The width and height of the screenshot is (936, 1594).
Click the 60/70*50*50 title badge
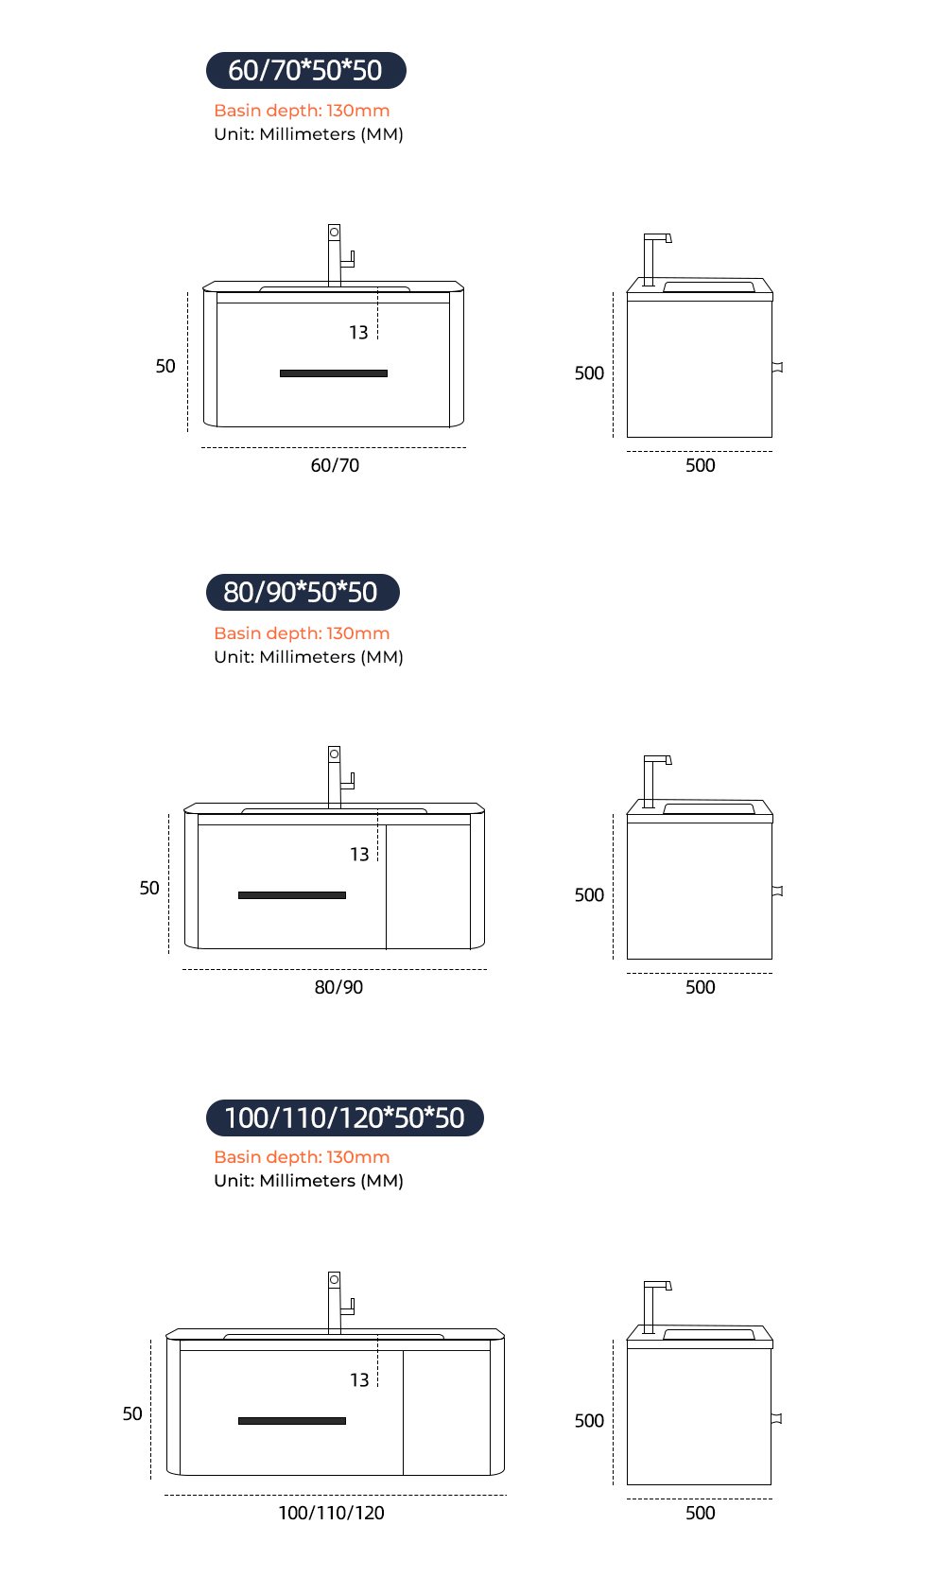(x=306, y=71)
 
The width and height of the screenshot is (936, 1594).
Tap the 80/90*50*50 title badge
(x=303, y=592)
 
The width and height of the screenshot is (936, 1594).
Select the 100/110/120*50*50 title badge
(x=344, y=1118)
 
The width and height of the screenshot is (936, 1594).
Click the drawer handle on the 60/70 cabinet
(x=334, y=373)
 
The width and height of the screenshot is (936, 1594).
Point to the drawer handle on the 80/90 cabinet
(x=292, y=895)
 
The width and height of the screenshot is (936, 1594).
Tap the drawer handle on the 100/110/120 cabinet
(x=292, y=1421)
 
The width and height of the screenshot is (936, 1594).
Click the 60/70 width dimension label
(x=336, y=465)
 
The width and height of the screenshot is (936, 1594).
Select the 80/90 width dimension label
(x=338, y=988)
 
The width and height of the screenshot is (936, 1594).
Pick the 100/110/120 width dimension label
(x=331, y=1514)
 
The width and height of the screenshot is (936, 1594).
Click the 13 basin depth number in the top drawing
(x=358, y=333)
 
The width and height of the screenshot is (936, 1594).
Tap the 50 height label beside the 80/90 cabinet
(x=149, y=888)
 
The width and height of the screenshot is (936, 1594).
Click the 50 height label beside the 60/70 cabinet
(x=165, y=366)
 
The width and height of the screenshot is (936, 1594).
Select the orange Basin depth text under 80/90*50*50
(x=302, y=633)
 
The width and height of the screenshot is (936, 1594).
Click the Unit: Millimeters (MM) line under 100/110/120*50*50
(x=309, y=1181)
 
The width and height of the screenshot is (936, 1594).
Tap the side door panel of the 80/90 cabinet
(x=427, y=887)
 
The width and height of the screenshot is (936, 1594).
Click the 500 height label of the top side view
(x=589, y=373)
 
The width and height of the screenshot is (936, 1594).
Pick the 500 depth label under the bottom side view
(x=701, y=1514)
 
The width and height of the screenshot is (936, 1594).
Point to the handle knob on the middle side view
(x=777, y=891)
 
